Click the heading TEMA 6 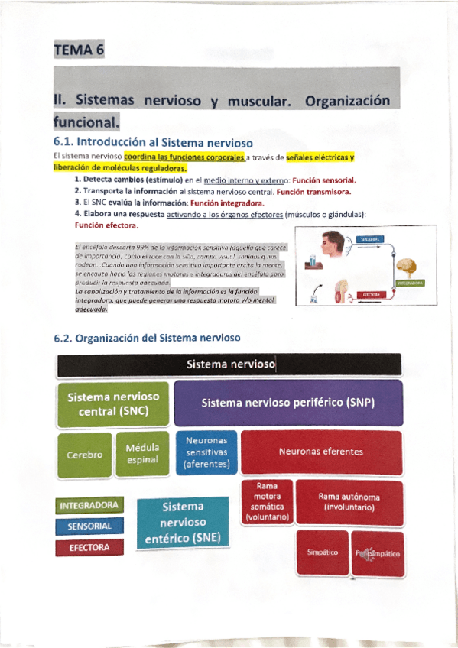point(78,51)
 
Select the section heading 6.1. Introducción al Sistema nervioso point(154,142)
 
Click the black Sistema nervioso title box point(229,365)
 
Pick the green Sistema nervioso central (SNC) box point(113,404)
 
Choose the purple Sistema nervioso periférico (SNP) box point(288,403)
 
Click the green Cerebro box point(84,455)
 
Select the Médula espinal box point(142,454)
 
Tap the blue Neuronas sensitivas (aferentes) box point(206,452)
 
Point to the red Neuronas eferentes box point(321,452)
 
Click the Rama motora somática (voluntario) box point(267,501)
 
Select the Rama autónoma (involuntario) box point(349,502)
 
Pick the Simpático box point(322,552)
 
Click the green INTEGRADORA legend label point(89,505)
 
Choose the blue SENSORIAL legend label point(89,526)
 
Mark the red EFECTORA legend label point(89,548)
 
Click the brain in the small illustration point(405,268)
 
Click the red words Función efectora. point(106,225)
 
